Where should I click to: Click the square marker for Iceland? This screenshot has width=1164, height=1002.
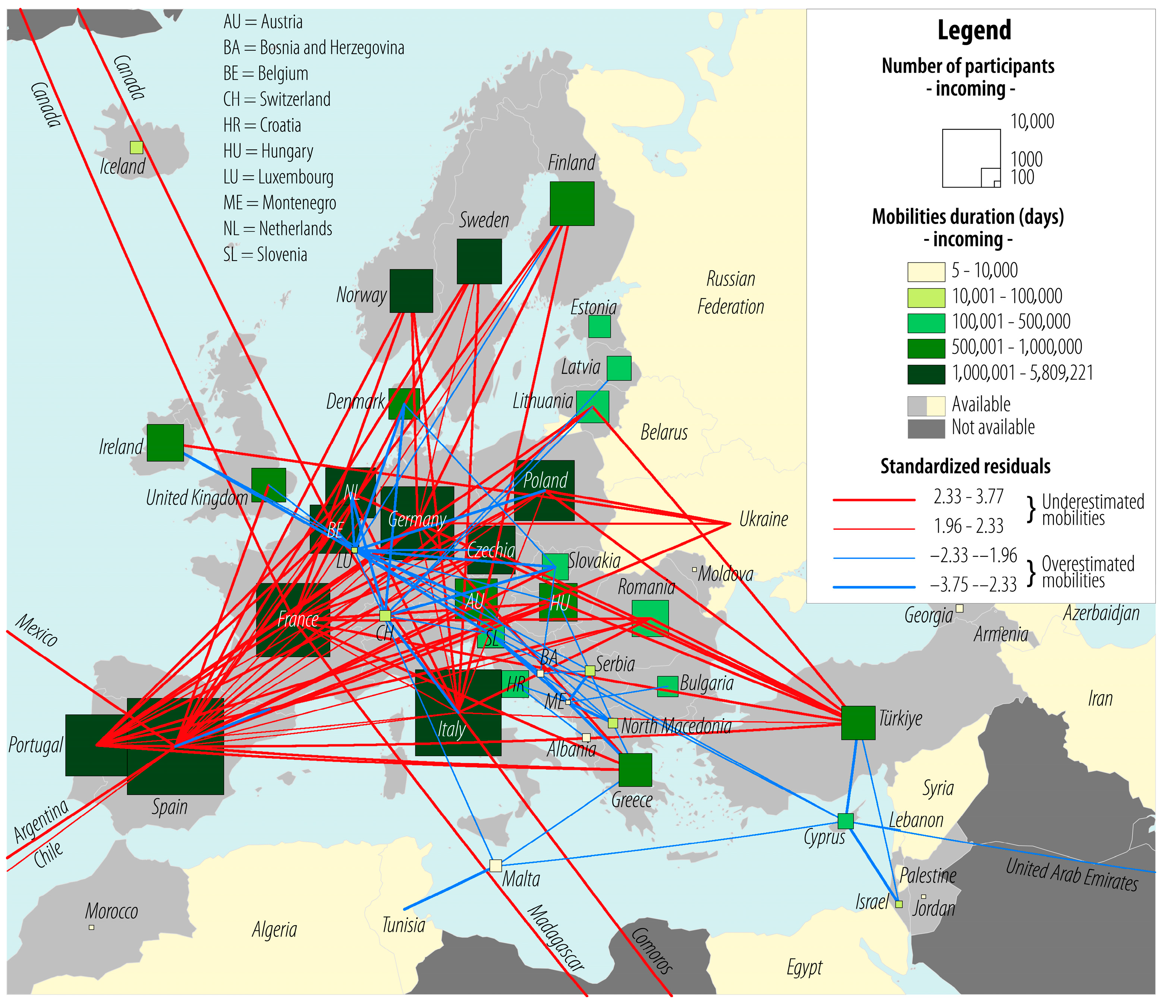[x=136, y=147]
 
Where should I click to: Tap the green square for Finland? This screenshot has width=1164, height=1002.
[x=572, y=203]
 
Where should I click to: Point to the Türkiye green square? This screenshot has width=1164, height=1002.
[x=858, y=722]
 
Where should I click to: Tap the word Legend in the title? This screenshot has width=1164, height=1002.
[x=974, y=30]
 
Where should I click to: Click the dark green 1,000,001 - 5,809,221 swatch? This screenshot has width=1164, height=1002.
[x=926, y=374]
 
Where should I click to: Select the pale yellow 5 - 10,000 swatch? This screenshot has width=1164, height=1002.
[x=926, y=271]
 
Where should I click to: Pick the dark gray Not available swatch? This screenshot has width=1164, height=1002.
[x=926, y=428]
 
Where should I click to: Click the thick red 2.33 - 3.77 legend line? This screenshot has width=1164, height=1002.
[x=874, y=499]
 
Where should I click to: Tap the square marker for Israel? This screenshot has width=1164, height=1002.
[x=899, y=904]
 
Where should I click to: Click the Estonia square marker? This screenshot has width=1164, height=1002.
[x=600, y=326]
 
